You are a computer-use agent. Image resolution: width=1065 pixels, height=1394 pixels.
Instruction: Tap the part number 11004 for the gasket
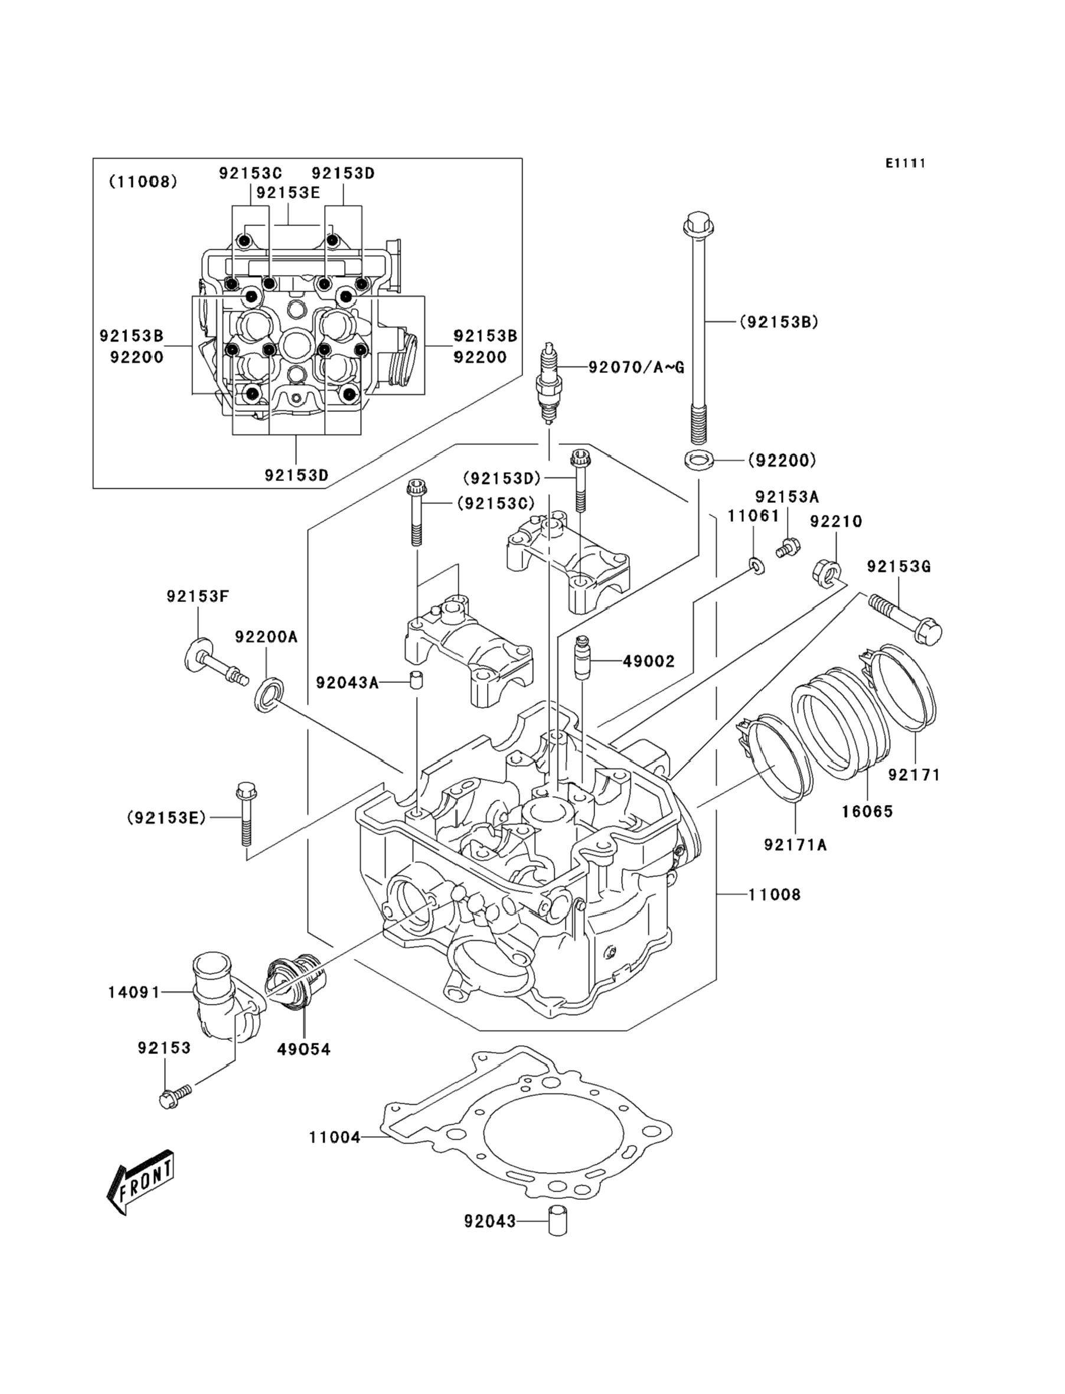coord(334,1137)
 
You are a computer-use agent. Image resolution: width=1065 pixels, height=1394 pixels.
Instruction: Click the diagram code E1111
coord(905,163)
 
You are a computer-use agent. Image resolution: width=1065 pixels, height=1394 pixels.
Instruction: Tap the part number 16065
coord(867,811)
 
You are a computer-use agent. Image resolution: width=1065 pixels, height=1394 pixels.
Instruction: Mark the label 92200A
coord(266,637)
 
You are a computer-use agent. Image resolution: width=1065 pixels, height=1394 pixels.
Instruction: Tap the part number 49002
coord(649,661)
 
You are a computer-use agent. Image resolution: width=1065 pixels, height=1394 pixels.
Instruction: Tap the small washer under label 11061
coord(756,564)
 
